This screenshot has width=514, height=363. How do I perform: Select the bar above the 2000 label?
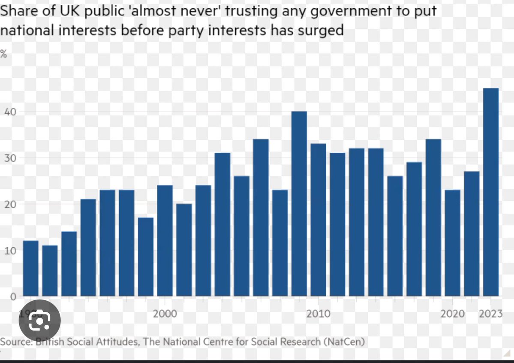point(165,241)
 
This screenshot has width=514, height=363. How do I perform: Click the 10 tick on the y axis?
point(9,250)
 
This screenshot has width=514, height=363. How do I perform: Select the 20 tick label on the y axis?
point(9,204)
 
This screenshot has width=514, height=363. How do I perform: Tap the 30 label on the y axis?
point(9,158)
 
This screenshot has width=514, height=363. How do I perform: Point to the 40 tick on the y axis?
point(9,112)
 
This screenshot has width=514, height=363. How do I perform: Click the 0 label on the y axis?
point(13,296)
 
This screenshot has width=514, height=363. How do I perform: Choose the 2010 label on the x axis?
point(318,314)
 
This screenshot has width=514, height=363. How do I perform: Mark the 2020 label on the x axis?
point(452,314)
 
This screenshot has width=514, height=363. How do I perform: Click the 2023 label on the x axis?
point(490,314)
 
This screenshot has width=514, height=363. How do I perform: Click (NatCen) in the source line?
point(344,342)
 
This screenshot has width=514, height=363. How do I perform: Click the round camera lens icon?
point(39,320)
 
